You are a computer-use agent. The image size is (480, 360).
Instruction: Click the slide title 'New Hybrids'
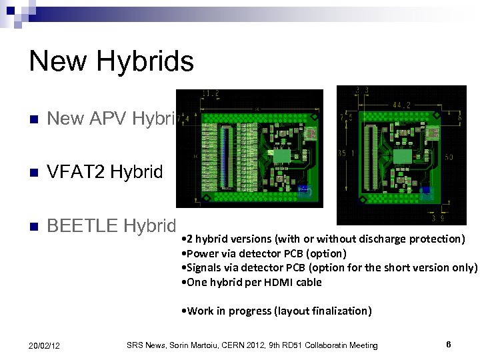tap(111, 62)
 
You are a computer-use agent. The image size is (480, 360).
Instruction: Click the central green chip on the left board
tap(281, 155)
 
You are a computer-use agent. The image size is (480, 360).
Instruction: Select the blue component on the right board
tap(427, 193)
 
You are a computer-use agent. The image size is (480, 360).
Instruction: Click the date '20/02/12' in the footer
tap(45, 345)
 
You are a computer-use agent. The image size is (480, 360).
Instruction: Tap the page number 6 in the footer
tap(449, 345)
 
